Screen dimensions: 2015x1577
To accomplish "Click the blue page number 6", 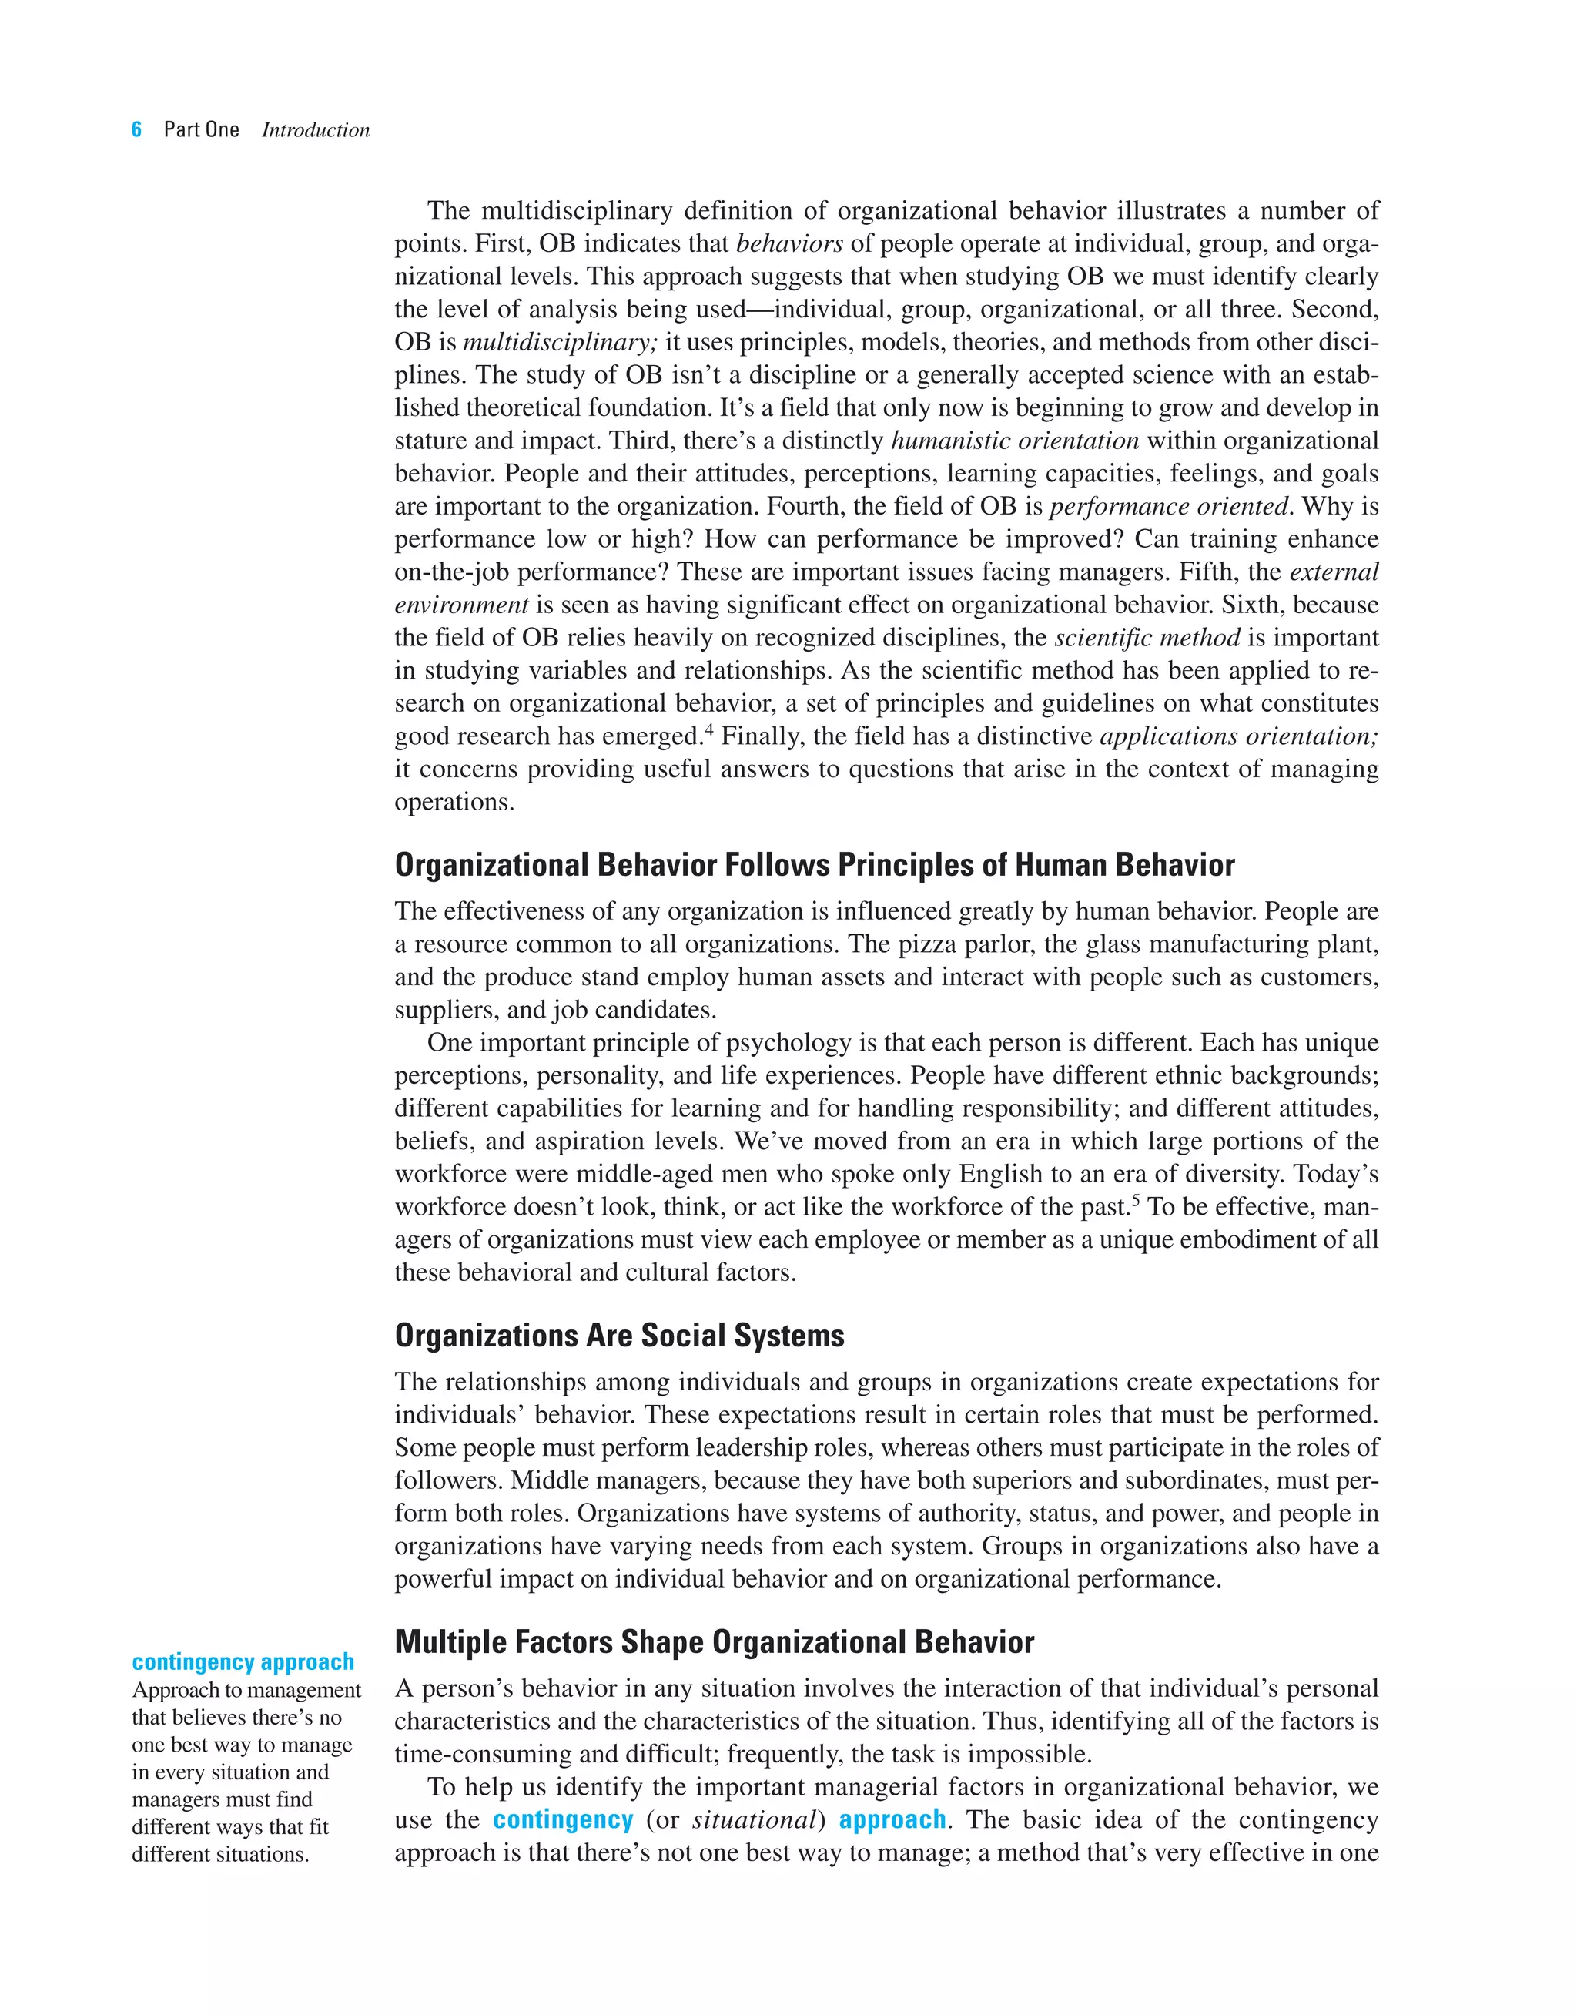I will coord(136,129).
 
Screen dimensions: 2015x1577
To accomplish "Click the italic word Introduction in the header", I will coord(316,130).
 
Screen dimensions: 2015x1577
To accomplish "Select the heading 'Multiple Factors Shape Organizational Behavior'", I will coord(714,1642).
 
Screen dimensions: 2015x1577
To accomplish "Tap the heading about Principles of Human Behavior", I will coord(815,865).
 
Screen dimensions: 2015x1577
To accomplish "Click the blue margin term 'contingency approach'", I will coord(243,1662).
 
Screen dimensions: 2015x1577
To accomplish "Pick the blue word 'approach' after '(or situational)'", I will coord(892,1819).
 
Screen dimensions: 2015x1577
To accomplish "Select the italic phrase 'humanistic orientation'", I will coord(1014,441).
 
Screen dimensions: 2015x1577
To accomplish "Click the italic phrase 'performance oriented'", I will coord(1168,507).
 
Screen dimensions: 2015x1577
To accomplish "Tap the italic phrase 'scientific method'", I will coord(1147,638).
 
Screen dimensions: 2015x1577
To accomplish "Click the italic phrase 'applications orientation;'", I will coord(1239,737).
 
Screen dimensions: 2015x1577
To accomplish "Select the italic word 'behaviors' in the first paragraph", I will coord(788,244).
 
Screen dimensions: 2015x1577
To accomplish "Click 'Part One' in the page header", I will coord(201,129).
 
